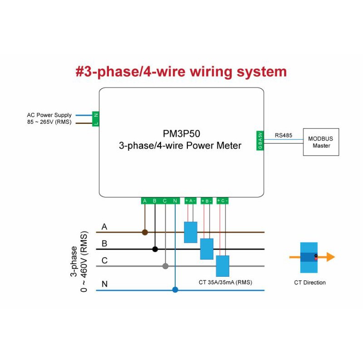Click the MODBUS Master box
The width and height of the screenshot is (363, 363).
(321, 142)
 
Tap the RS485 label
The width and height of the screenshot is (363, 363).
(283, 135)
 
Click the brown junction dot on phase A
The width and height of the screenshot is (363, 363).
(145, 232)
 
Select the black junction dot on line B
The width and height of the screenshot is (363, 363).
(155, 249)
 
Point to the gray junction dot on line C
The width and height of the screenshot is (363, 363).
(165, 266)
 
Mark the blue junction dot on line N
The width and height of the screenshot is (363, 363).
(175, 289)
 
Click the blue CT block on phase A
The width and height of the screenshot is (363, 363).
(191, 232)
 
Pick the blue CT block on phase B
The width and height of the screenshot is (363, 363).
(206, 249)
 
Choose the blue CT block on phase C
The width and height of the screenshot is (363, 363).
(222, 266)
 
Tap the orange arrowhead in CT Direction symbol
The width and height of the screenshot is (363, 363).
(330, 257)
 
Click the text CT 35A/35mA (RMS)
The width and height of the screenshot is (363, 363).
(225, 282)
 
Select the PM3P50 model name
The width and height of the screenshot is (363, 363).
(181, 135)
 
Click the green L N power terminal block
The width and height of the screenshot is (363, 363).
(96, 119)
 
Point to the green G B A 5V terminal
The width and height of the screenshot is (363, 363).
(260, 140)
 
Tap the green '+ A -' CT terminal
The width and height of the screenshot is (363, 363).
(191, 201)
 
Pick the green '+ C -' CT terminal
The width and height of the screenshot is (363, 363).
(222, 201)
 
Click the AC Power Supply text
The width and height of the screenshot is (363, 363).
(49, 115)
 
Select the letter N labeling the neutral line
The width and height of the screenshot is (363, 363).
(104, 285)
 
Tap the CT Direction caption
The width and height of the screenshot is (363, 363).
(309, 283)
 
